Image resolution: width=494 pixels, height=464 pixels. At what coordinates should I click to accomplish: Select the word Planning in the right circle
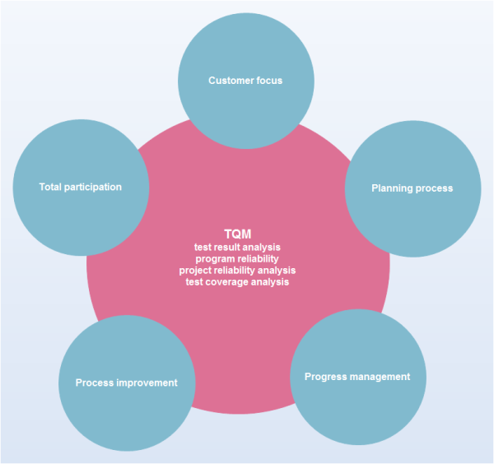coord(389,188)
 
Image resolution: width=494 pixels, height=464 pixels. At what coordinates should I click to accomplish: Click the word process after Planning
coord(434,188)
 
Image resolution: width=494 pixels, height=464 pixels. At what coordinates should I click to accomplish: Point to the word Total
coord(51,187)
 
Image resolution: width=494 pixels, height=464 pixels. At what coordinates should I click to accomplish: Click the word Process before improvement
coord(95,383)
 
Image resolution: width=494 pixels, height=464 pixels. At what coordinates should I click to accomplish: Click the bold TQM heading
coord(237,234)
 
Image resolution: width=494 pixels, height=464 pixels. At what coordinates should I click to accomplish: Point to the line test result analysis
coord(237,246)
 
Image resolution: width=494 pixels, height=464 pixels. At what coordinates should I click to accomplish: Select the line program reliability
coord(237,258)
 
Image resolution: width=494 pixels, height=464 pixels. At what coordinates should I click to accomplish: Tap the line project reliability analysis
coord(237,270)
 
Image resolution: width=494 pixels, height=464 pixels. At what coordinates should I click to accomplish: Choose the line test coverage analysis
coord(237,281)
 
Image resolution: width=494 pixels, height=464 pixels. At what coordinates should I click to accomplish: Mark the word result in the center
coord(226,246)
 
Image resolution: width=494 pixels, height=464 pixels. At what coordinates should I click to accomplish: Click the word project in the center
coord(196,270)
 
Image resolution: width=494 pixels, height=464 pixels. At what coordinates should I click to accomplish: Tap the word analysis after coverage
coord(271,281)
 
